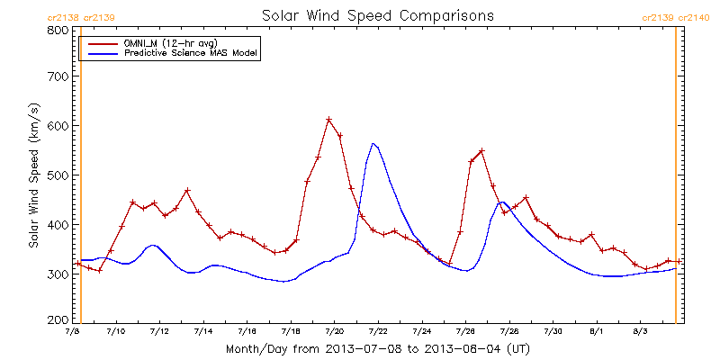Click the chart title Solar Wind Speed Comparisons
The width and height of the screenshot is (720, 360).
click(x=378, y=16)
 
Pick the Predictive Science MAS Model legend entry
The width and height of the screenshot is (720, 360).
click(x=191, y=54)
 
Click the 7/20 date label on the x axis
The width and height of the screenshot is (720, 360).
click(x=334, y=332)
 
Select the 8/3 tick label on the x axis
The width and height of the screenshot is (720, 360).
click(x=641, y=332)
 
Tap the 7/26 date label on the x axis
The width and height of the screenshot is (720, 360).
click(x=465, y=332)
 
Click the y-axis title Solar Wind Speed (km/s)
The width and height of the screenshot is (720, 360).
click(x=33, y=175)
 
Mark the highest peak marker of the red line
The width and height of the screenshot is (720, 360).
click(x=329, y=120)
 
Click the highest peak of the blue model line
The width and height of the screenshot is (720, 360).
click(x=373, y=143)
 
